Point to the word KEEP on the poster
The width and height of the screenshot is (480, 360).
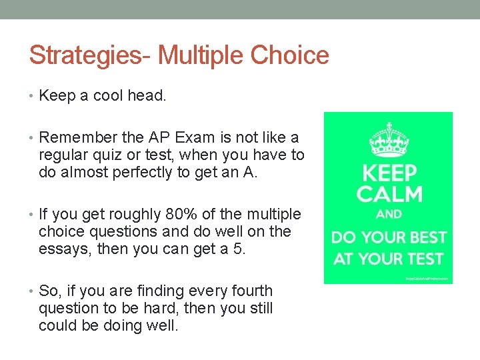389,174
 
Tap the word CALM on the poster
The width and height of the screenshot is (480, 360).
389,194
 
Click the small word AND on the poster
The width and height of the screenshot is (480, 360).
389,215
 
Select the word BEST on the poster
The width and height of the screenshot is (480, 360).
423,237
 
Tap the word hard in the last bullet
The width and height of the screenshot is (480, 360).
143,309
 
